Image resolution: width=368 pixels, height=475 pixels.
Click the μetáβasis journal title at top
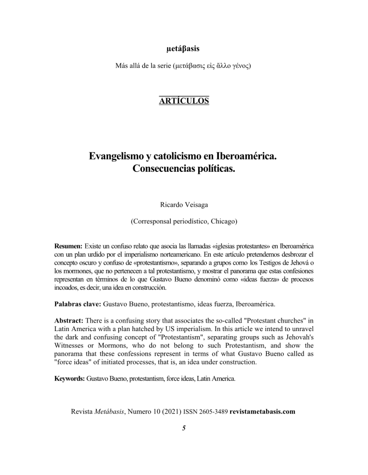184,48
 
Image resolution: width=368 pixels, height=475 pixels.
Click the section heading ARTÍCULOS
184,100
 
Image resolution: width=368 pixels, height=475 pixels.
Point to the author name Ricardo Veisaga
184,205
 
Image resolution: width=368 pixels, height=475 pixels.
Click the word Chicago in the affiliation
223,221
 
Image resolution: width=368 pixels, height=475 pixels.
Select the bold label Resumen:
68,245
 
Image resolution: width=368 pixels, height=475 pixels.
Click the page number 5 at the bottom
184,428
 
